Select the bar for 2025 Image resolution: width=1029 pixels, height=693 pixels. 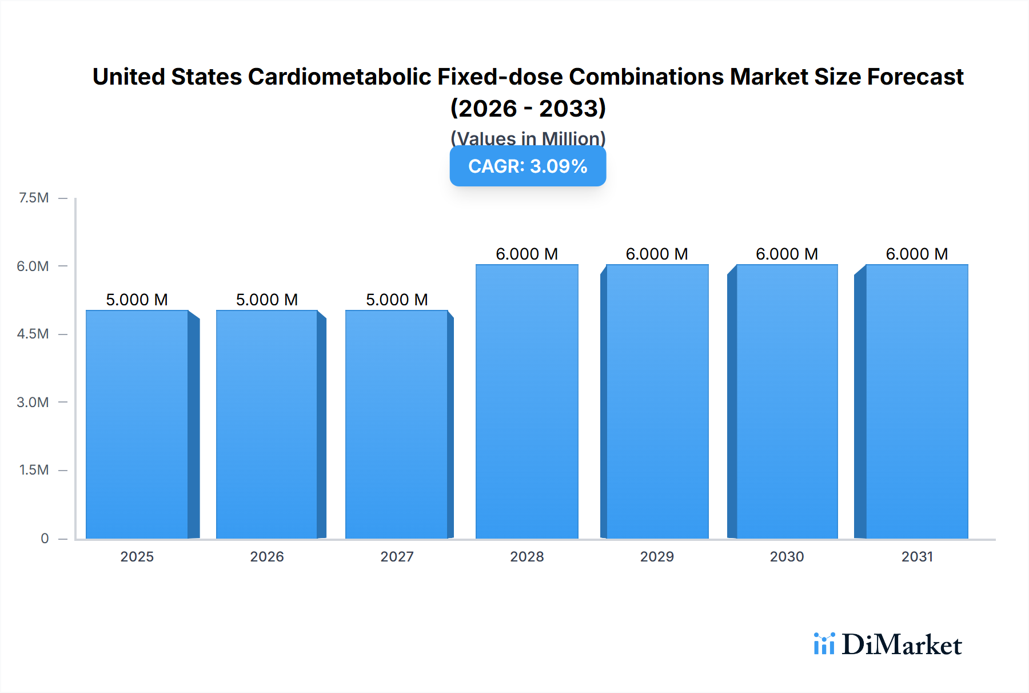pos(137,424)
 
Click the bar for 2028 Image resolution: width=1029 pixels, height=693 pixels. pos(527,401)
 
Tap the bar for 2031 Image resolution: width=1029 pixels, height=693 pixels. pos(917,401)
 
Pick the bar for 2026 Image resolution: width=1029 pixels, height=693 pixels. pos(267,424)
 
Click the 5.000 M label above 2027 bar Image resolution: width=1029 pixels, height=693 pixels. pos(397,300)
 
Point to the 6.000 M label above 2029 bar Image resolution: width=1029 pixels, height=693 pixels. pos(657,254)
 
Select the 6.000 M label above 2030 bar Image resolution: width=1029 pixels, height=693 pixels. pos(787,254)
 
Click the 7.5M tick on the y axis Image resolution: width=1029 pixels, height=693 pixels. pos(34,198)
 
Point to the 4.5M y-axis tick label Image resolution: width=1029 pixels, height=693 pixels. pos(33,334)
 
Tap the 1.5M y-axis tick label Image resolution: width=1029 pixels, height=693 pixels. pos(34,470)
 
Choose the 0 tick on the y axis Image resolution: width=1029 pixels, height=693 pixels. pos(45,538)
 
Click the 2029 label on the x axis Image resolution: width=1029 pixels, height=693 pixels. pos(657,556)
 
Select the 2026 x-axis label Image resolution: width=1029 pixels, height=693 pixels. pos(267,556)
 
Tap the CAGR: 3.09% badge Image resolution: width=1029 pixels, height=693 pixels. pos(528,166)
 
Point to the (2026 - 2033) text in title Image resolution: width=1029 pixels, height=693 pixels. pos(528,108)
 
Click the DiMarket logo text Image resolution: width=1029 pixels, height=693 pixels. pos(902,644)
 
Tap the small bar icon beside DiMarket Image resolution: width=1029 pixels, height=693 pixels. pos(824,644)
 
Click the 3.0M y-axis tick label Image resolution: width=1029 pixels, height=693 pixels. pos(33,402)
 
